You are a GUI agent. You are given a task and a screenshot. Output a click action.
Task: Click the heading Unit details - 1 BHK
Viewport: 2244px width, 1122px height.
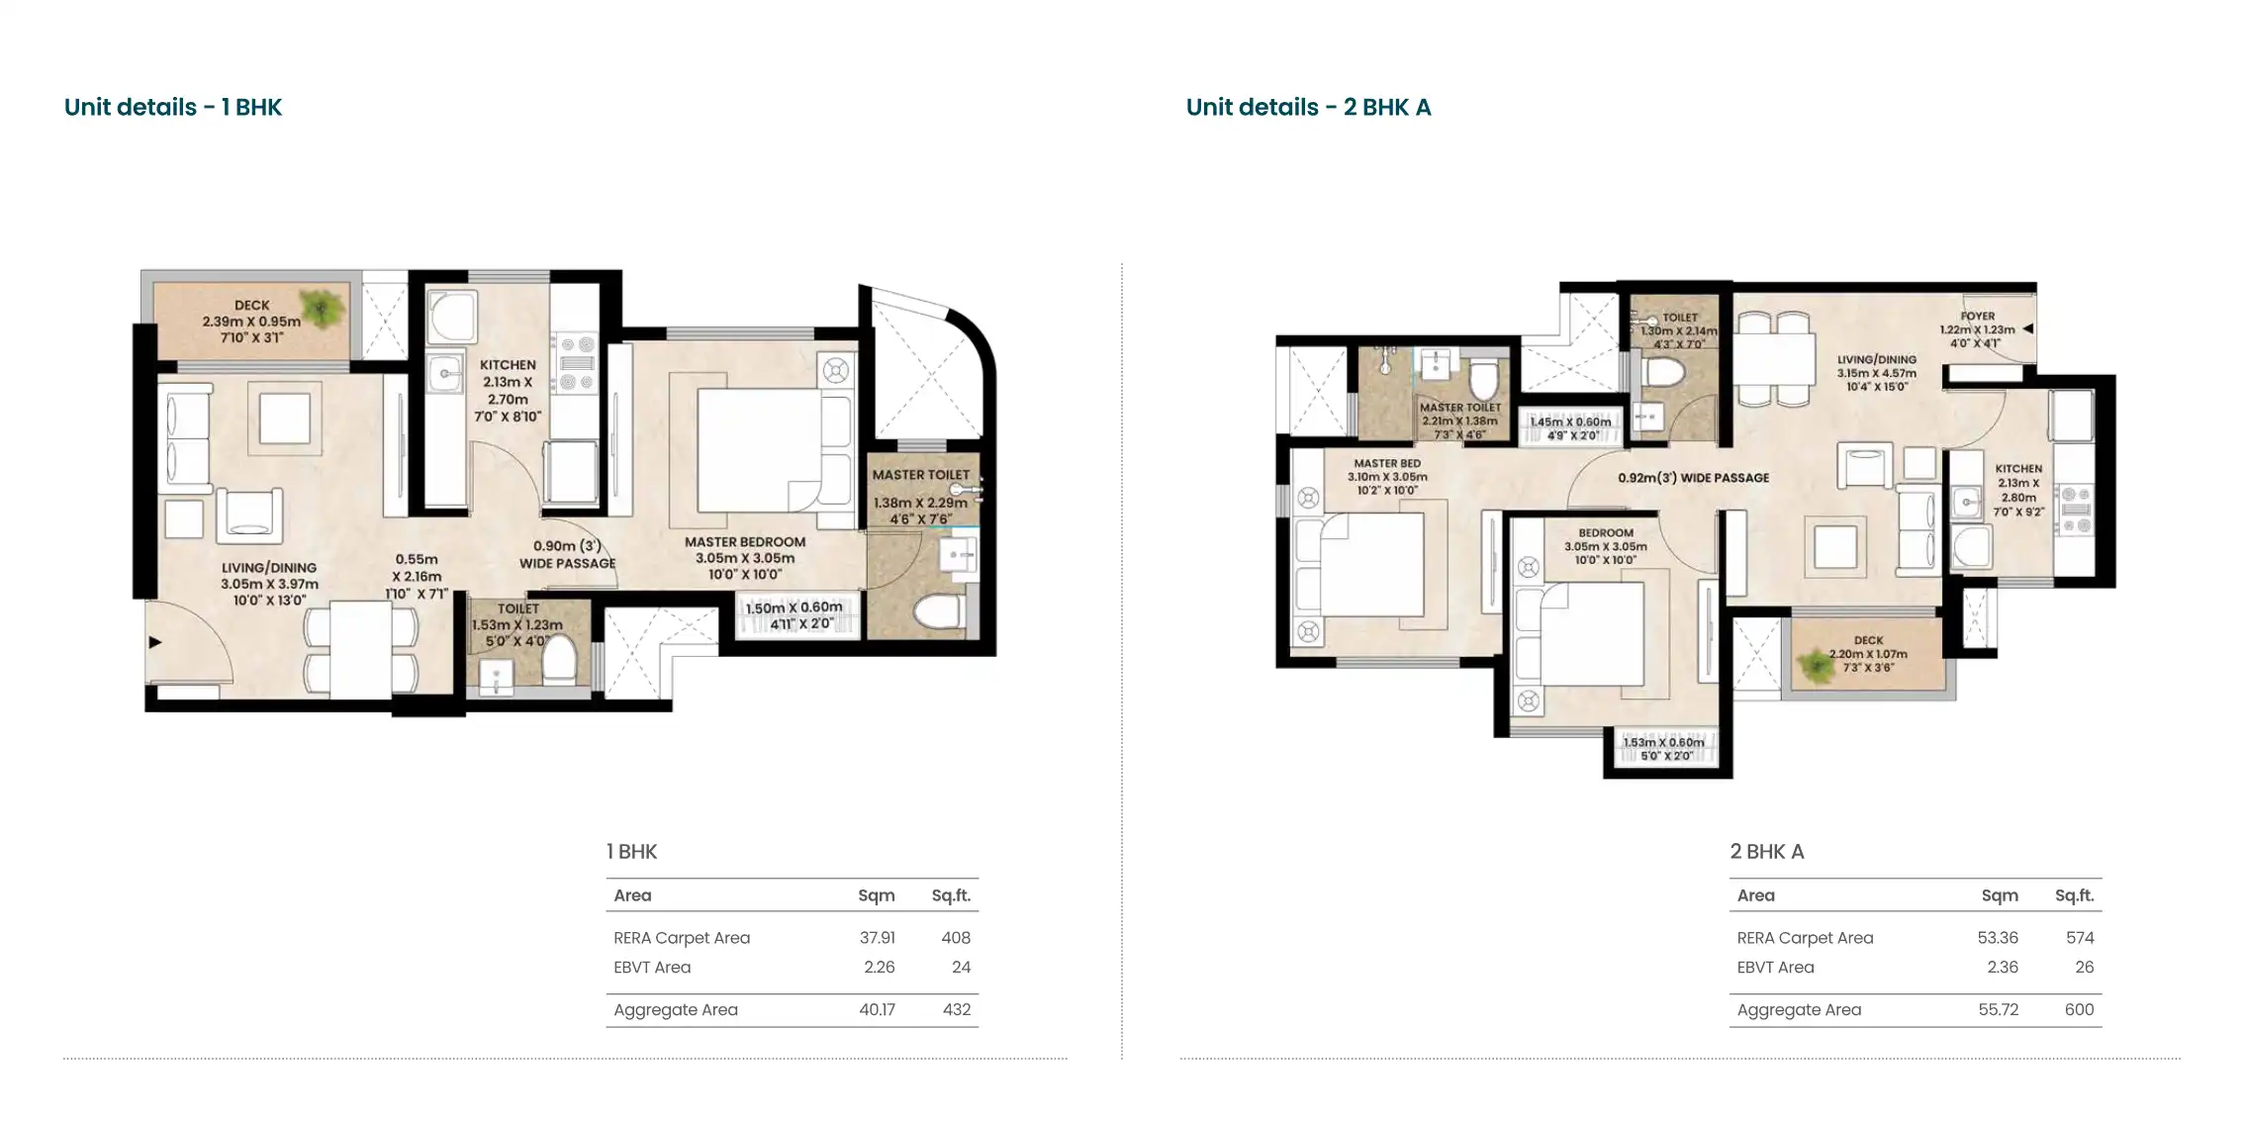(173, 107)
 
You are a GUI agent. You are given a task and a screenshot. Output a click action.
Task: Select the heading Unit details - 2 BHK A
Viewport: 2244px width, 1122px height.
(1308, 107)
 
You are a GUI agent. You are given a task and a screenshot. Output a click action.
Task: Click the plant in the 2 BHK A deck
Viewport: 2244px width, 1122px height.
(1817, 665)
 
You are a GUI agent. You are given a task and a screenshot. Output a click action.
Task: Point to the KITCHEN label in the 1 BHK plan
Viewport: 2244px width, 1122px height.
(508, 365)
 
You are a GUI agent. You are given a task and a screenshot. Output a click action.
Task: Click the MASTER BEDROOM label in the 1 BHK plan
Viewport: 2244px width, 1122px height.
(745, 542)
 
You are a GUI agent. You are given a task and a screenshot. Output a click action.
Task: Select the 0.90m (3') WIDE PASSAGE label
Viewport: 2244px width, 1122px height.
(568, 554)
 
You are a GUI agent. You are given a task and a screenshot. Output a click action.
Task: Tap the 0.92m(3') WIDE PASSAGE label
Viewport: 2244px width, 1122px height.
(1694, 478)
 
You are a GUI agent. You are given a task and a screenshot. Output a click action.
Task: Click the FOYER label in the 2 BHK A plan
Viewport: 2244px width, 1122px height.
(1978, 317)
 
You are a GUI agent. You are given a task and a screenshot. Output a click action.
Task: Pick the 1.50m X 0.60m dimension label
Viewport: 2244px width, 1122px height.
(795, 608)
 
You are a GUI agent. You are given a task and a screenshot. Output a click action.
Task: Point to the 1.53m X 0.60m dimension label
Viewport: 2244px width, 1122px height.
(1664, 742)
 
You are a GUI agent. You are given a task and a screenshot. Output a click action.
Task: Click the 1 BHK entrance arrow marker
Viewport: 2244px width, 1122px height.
(155, 642)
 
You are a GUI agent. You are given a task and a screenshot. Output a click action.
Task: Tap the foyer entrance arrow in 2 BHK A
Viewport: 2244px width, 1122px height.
(2027, 329)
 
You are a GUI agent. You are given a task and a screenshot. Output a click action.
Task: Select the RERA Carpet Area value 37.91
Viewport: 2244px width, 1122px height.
(877, 938)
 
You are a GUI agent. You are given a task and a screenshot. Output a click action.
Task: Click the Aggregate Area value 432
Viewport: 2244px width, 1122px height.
(956, 1010)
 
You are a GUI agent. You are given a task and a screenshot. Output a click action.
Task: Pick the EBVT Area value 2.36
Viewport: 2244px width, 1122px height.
(2003, 968)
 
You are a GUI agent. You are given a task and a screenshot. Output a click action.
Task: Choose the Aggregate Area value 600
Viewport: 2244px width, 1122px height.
(2079, 1010)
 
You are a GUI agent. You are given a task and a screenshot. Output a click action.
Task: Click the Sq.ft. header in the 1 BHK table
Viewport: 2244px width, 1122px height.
(951, 895)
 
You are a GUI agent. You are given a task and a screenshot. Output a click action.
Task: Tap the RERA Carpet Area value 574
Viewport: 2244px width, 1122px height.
(2080, 938)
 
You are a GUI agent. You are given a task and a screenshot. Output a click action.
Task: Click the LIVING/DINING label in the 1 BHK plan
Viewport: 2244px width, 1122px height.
(269, 568)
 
